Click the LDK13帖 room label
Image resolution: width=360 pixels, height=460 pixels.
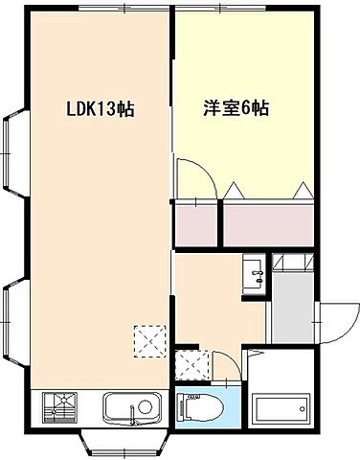coord(100,109)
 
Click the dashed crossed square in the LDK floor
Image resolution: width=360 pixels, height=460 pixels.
coord(148,339)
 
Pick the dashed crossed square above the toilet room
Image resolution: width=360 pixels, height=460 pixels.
coord(189,363)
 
